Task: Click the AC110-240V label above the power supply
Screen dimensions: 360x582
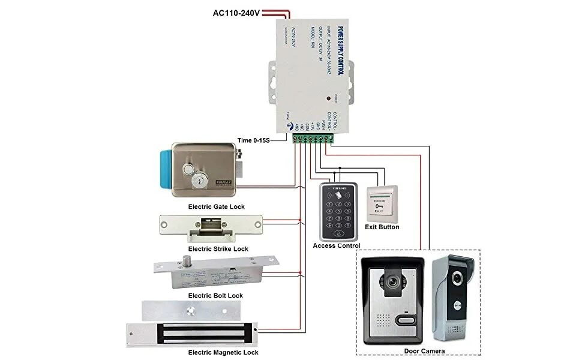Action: tap(236, 13)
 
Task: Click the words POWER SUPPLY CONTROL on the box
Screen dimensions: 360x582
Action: tap(340, 50)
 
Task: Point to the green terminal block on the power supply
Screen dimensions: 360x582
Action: tap(311, 139)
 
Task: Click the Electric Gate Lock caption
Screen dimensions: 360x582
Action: tap(216, 207)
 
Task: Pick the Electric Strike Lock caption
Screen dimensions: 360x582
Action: tap(218, 248)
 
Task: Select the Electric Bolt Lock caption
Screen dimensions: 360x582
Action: tap(215, 296)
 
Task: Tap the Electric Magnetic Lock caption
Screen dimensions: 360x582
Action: tap(223, 352)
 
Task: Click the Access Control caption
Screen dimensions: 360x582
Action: tap(337, 246)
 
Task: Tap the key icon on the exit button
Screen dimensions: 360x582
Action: tap(379, 206)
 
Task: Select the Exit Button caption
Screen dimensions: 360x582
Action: tap(382, 227)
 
